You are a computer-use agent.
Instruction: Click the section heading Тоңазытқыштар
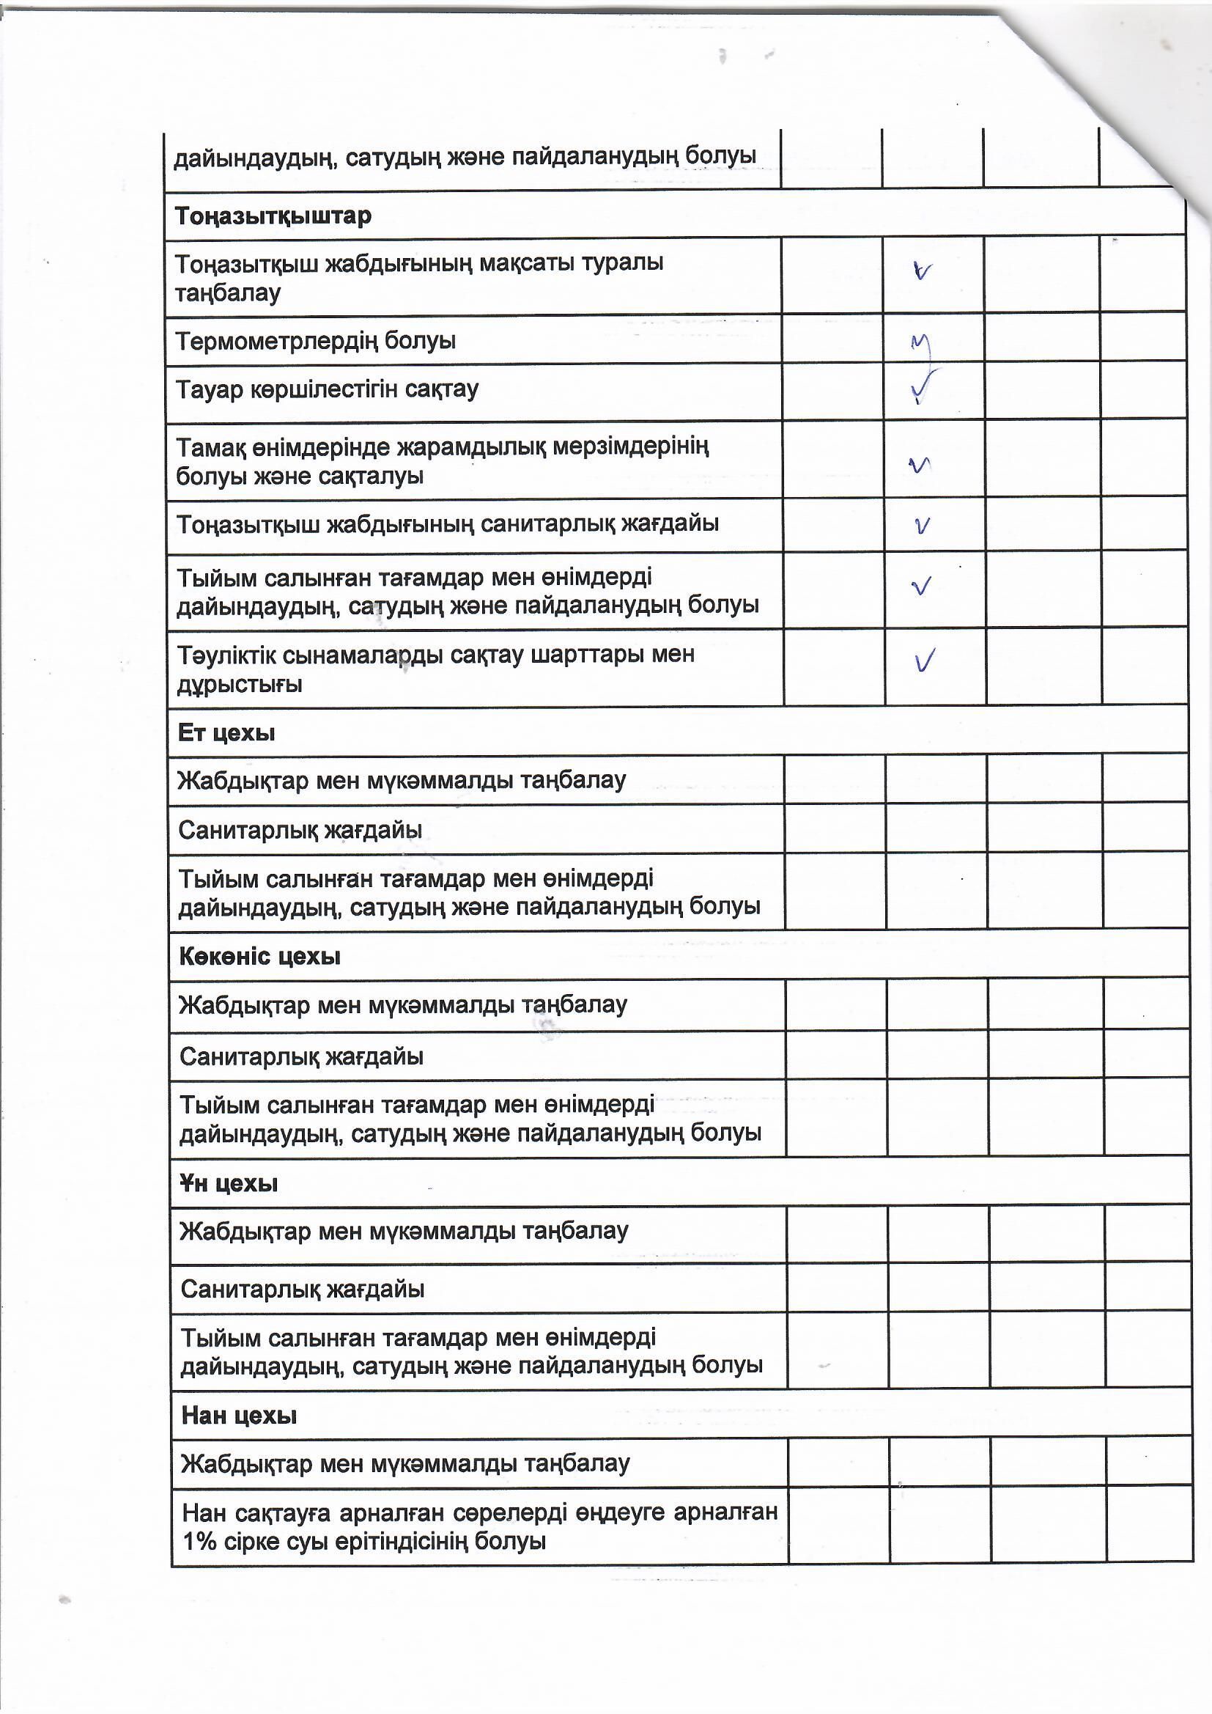point(273,216)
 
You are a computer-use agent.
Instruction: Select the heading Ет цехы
point(226,732)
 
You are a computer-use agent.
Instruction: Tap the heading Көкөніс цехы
point(259,956)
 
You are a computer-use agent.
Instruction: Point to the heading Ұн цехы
point(229,1183)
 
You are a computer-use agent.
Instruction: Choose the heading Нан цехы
point(239,1416)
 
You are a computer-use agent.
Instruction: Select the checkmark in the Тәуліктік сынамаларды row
point(925,661)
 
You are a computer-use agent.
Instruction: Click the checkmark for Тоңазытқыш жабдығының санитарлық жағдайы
point(923,526)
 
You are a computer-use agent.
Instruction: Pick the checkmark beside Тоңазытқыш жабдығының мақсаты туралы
point(923,272)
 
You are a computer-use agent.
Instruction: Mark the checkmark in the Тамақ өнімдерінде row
point(920,465)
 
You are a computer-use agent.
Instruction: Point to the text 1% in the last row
point(199,1541)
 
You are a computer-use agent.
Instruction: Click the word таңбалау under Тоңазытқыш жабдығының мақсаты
point(228,293)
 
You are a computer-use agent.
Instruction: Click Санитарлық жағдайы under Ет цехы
point(300,829)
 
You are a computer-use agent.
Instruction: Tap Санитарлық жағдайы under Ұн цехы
point(302,1289)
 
